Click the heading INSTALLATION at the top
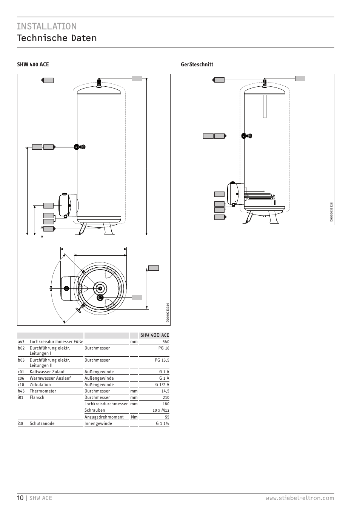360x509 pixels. click(47, 26)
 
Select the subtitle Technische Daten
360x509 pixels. click(57, 38)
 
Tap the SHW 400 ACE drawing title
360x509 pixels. click(33, 64)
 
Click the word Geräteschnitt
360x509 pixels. click(197, 64)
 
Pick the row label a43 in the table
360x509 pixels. click(21, 342)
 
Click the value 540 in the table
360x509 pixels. click(166, 342)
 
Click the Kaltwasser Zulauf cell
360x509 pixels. click(47, 372)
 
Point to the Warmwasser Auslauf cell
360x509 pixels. click(50, 378)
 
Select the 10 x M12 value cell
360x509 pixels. click(161, 410)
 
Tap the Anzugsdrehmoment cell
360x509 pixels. click(104, 417)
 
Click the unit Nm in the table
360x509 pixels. click(134, 417)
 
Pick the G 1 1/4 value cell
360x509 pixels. click(162, 423)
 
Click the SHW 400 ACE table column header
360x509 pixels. click(154, 335)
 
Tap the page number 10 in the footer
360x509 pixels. click(20, 498)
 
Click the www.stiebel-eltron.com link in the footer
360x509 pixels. click(300, 498)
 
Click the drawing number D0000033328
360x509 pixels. click(331, 212)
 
